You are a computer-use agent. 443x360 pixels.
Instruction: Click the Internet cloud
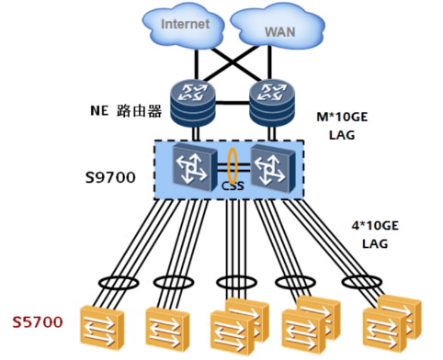[185, 25]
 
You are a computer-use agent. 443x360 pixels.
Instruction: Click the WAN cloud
[278, 27]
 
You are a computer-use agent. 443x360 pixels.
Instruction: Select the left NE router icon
[193, 103]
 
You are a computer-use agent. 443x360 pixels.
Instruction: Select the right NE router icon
[272, 103]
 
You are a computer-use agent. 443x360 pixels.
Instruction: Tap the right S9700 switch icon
[273, 168]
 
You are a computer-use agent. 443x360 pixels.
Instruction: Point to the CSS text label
[233, 186]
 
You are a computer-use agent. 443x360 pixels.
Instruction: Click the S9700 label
[110, 177]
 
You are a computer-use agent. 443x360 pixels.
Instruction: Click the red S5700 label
[38, 322]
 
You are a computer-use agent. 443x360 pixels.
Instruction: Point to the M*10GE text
[342, 117]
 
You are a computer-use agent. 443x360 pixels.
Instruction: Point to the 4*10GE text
[375, 226]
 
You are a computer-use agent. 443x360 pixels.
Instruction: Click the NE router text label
[126, 110]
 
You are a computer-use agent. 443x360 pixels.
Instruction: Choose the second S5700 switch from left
[167, 327]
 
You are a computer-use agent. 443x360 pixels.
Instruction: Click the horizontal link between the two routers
[233, 103]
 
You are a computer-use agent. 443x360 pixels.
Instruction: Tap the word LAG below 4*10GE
[375, 244]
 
